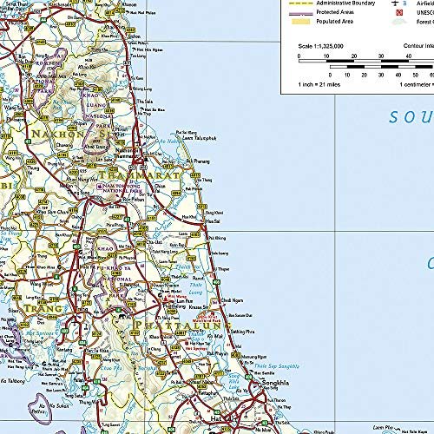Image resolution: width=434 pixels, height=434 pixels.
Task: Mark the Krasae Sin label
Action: [218, 310]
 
